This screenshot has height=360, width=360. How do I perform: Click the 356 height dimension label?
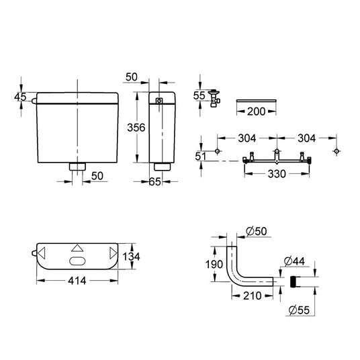point(136,128)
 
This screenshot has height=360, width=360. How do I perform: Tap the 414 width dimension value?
point(77,281)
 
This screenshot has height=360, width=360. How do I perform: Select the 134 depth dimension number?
point(131,257)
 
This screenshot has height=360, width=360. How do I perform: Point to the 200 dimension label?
point(256,111)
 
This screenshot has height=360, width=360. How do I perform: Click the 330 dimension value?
point(277,174)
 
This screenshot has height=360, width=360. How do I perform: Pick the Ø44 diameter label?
point(294,261)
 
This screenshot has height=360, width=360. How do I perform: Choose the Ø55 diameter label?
point(299,310)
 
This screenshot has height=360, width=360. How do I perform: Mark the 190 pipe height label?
point(214,264)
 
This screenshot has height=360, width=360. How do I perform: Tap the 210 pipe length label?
point(253,296)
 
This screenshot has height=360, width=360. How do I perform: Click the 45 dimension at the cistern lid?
point(20,97)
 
